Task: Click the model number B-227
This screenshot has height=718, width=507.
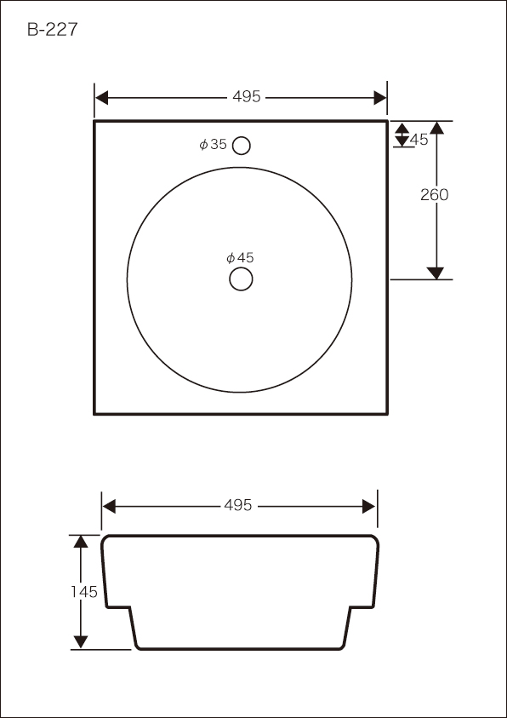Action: coord(53,30)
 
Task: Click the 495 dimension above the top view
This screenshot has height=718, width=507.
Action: coord(247,97)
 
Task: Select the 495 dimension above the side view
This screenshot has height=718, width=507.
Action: coord(238,506)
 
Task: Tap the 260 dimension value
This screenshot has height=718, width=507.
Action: coord(435,194)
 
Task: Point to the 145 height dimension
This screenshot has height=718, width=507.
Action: coord(84,592)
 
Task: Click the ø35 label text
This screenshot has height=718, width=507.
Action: coord(213,144)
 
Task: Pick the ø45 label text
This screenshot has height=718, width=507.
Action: coord(240,258)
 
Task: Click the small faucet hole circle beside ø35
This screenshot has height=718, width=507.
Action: coord(241,146)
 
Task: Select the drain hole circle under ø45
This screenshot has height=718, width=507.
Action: coord(241,279)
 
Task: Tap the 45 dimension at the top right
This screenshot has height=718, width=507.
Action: coord(419,140)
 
